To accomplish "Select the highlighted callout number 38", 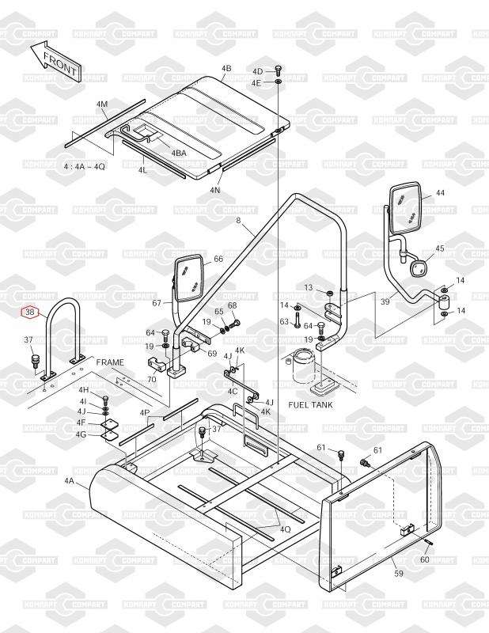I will (30, 313).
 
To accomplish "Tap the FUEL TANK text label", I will (310, 405).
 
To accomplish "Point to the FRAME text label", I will (111, 362).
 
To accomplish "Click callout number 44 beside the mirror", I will (440, 193).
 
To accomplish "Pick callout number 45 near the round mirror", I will (440, 248).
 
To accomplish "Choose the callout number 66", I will (218, 259).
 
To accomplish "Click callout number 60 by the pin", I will (425, 559).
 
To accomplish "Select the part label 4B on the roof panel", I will (226, 69).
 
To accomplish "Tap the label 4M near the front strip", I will (102, 105).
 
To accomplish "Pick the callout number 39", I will (385, 302).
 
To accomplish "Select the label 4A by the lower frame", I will (69, 480).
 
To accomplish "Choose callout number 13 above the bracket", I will (309, 286).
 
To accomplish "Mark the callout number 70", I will (151, 380).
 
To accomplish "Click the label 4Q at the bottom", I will (285, 529).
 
